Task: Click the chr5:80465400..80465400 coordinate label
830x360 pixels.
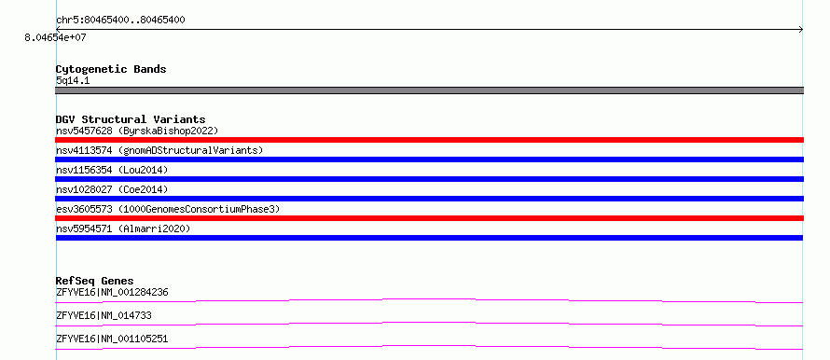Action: [x=120, y=21]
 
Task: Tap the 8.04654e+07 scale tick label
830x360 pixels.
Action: [x=55, y=38]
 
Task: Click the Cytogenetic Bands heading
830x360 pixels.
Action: [x=111, y=69]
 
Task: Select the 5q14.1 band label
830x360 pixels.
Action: [x=73, y=81]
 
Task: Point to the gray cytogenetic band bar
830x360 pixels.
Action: [x=429, y=90]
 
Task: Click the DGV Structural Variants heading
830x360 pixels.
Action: [x=131, y=119]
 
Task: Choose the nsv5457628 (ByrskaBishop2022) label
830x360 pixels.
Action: [x=137, y=131]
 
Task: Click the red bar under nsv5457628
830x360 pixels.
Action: [x=429, y=140]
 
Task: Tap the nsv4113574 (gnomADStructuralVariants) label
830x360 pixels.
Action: [x=159, y=150]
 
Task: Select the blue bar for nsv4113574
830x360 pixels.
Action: [x=429, y=159]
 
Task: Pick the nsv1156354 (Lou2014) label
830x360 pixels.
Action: [x=112, y=170]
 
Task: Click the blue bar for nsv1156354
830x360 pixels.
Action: [x=429, y=179]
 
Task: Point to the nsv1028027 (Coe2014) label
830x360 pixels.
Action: [x=112, y=189]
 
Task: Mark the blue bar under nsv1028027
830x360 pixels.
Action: [x=429, y=199]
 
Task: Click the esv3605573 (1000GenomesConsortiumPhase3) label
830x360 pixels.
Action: [x=168, y=209]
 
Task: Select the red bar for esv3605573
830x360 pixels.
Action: [x=429, y=218]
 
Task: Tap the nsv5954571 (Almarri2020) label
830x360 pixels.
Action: [x=123, y=228]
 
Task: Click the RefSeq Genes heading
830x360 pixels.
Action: [x=95, y=281]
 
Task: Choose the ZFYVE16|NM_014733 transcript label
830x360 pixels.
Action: [x=104, y=315]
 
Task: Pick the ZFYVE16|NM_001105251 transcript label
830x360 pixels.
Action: [x=112, y=339]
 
